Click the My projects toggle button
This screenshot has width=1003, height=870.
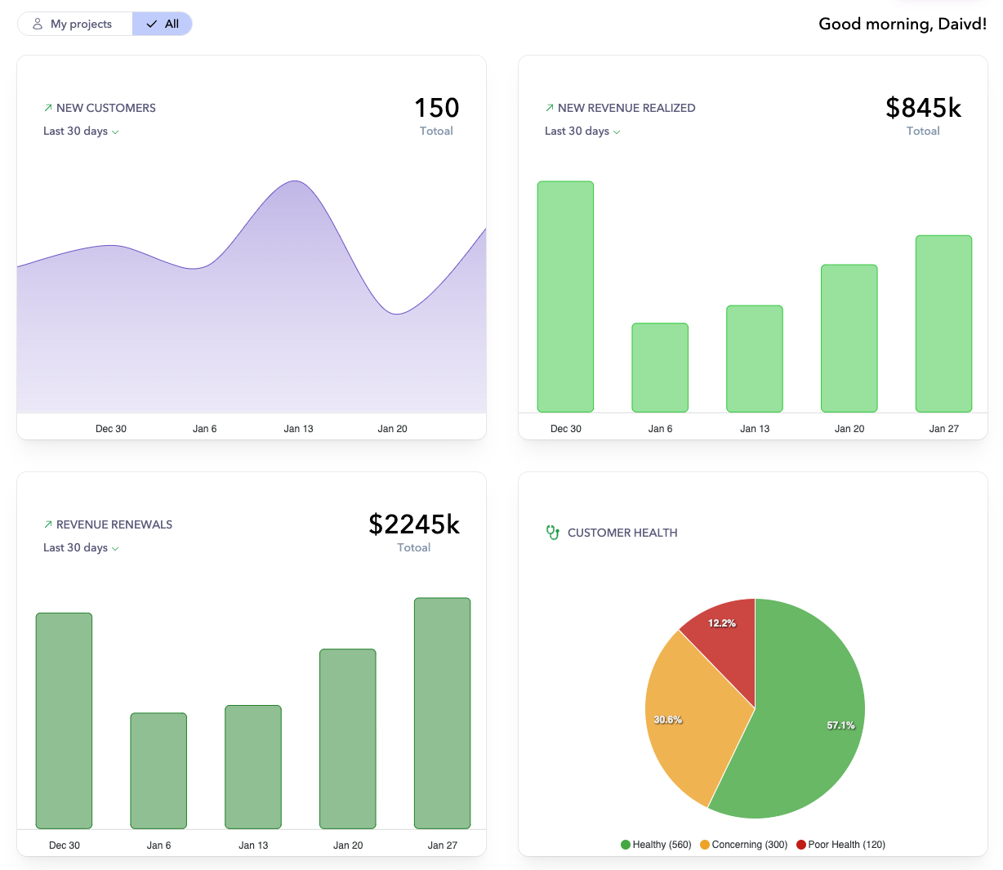click(74, 25)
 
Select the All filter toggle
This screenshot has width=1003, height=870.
click(163, 25)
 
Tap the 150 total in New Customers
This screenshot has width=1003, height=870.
click(436, 108)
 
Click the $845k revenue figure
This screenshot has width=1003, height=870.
click(923, 108)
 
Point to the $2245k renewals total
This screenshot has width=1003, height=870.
click(414, 524)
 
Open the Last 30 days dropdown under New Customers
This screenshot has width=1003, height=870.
click(81, 132)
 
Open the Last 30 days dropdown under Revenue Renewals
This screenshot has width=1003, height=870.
click(81, 548)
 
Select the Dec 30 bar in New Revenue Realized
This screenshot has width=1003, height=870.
click(565, 297)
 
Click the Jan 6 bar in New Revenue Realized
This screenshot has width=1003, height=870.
click(660, 368)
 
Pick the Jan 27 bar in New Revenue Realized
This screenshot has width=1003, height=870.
click(943, 323)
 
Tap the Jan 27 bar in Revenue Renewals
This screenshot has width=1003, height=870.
click(442, 713)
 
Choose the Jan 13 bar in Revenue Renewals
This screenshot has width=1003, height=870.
click(253, 767)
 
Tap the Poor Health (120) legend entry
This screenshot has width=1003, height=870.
click(840, 845)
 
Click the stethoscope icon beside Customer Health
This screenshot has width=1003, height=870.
click(553, 533)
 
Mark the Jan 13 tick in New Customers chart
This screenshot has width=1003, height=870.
click(298, 428)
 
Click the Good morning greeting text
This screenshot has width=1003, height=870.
click(902, 25)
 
